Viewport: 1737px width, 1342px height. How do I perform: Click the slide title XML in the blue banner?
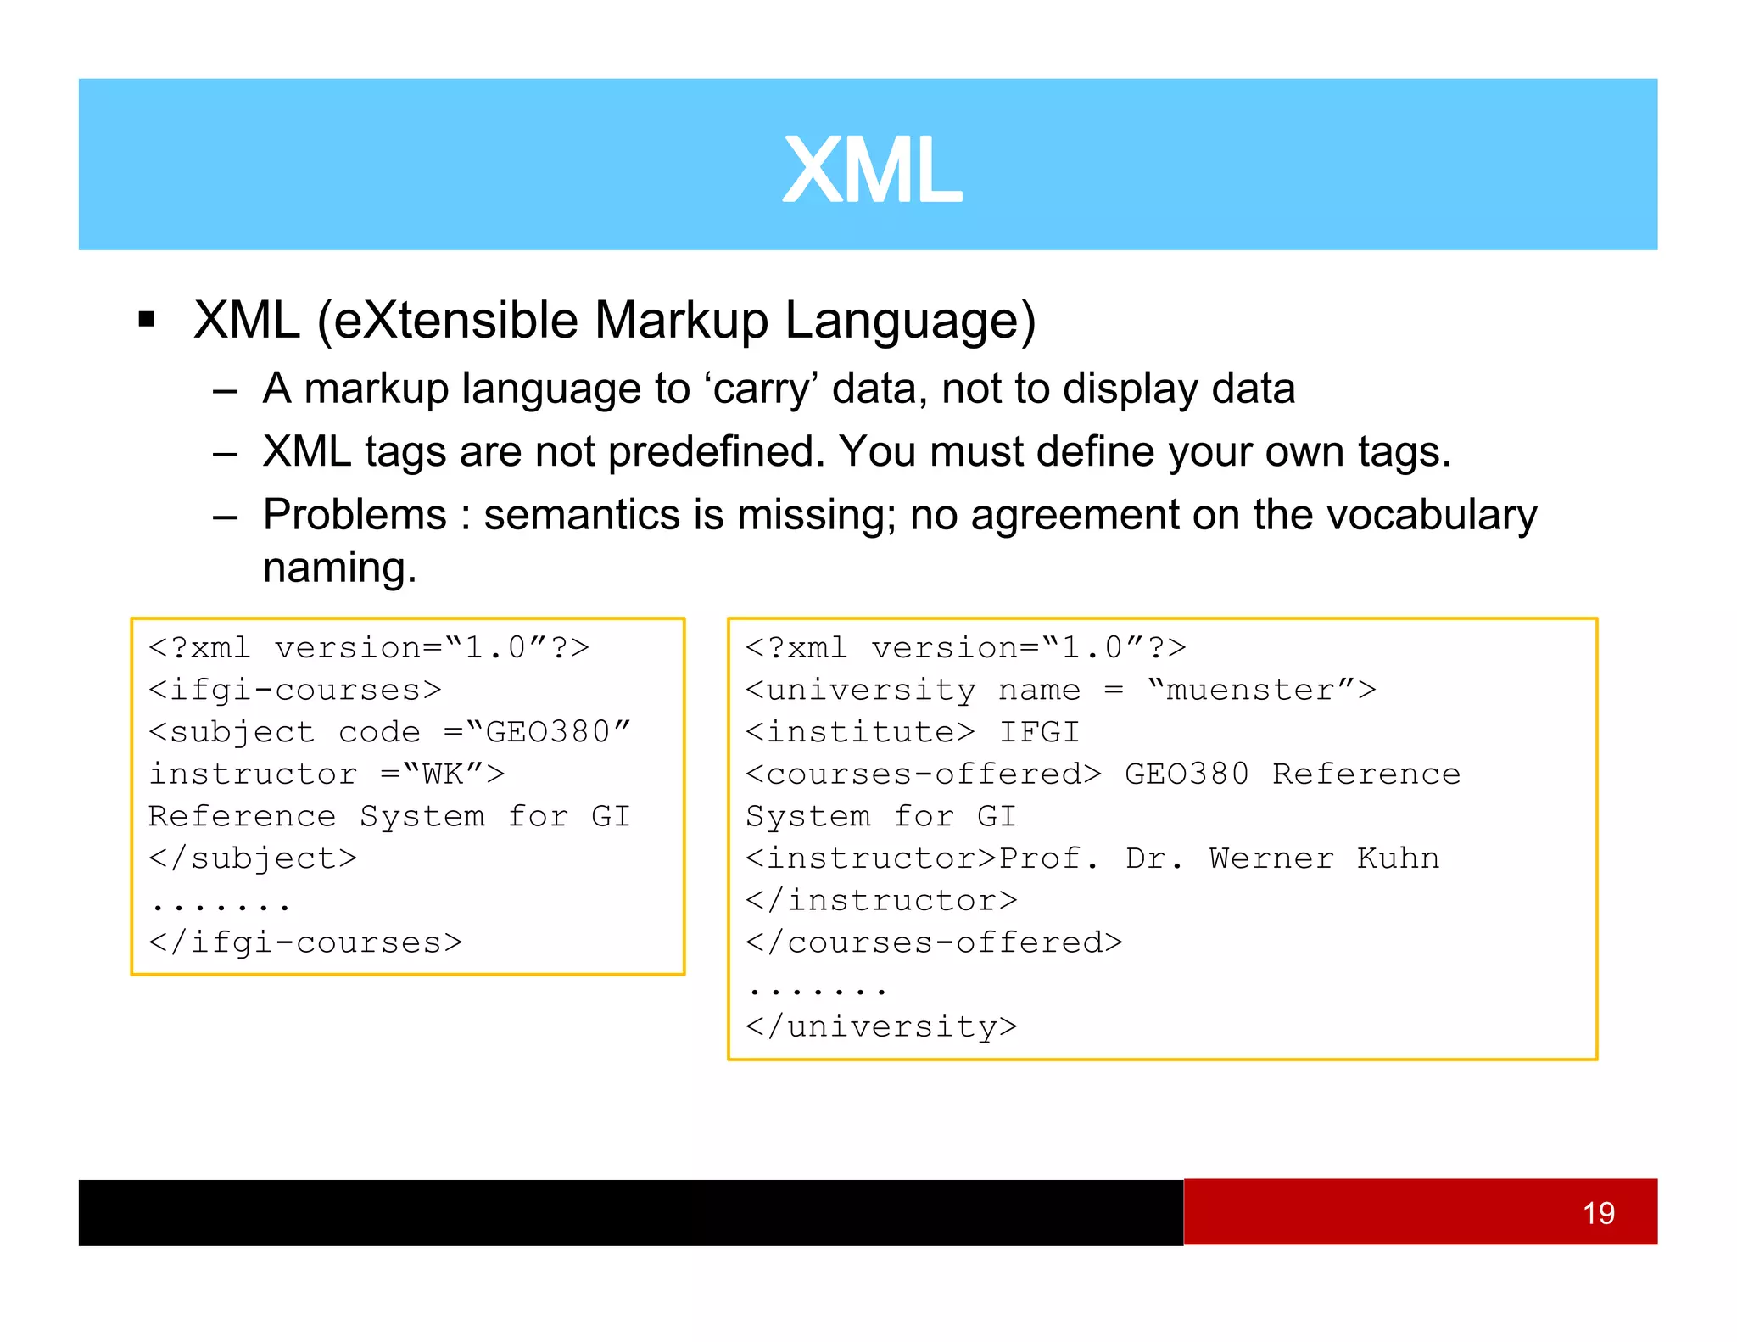coord(872,171)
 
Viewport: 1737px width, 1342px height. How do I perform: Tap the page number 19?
coord(1598,1213)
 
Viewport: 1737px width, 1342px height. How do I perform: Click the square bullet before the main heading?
coord(147,320)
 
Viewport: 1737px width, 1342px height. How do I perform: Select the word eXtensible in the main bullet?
coord(455,321)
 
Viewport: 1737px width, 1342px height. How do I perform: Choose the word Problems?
coord(355,515)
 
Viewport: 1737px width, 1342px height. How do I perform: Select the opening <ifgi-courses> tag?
coord(295,691)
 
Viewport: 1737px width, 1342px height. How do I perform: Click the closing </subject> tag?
coord(253,858)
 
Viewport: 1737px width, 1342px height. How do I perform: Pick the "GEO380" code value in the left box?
coord(549,732)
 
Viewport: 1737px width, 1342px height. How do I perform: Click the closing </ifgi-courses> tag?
coord(305,942)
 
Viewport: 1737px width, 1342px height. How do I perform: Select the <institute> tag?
coord(860,732)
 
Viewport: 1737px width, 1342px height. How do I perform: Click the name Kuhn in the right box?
coord(1398,858)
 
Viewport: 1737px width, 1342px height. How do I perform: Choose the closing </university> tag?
coord(881,1026)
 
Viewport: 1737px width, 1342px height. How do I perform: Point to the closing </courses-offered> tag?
coord(934,942)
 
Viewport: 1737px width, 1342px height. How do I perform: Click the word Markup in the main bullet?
coord(681,321)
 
